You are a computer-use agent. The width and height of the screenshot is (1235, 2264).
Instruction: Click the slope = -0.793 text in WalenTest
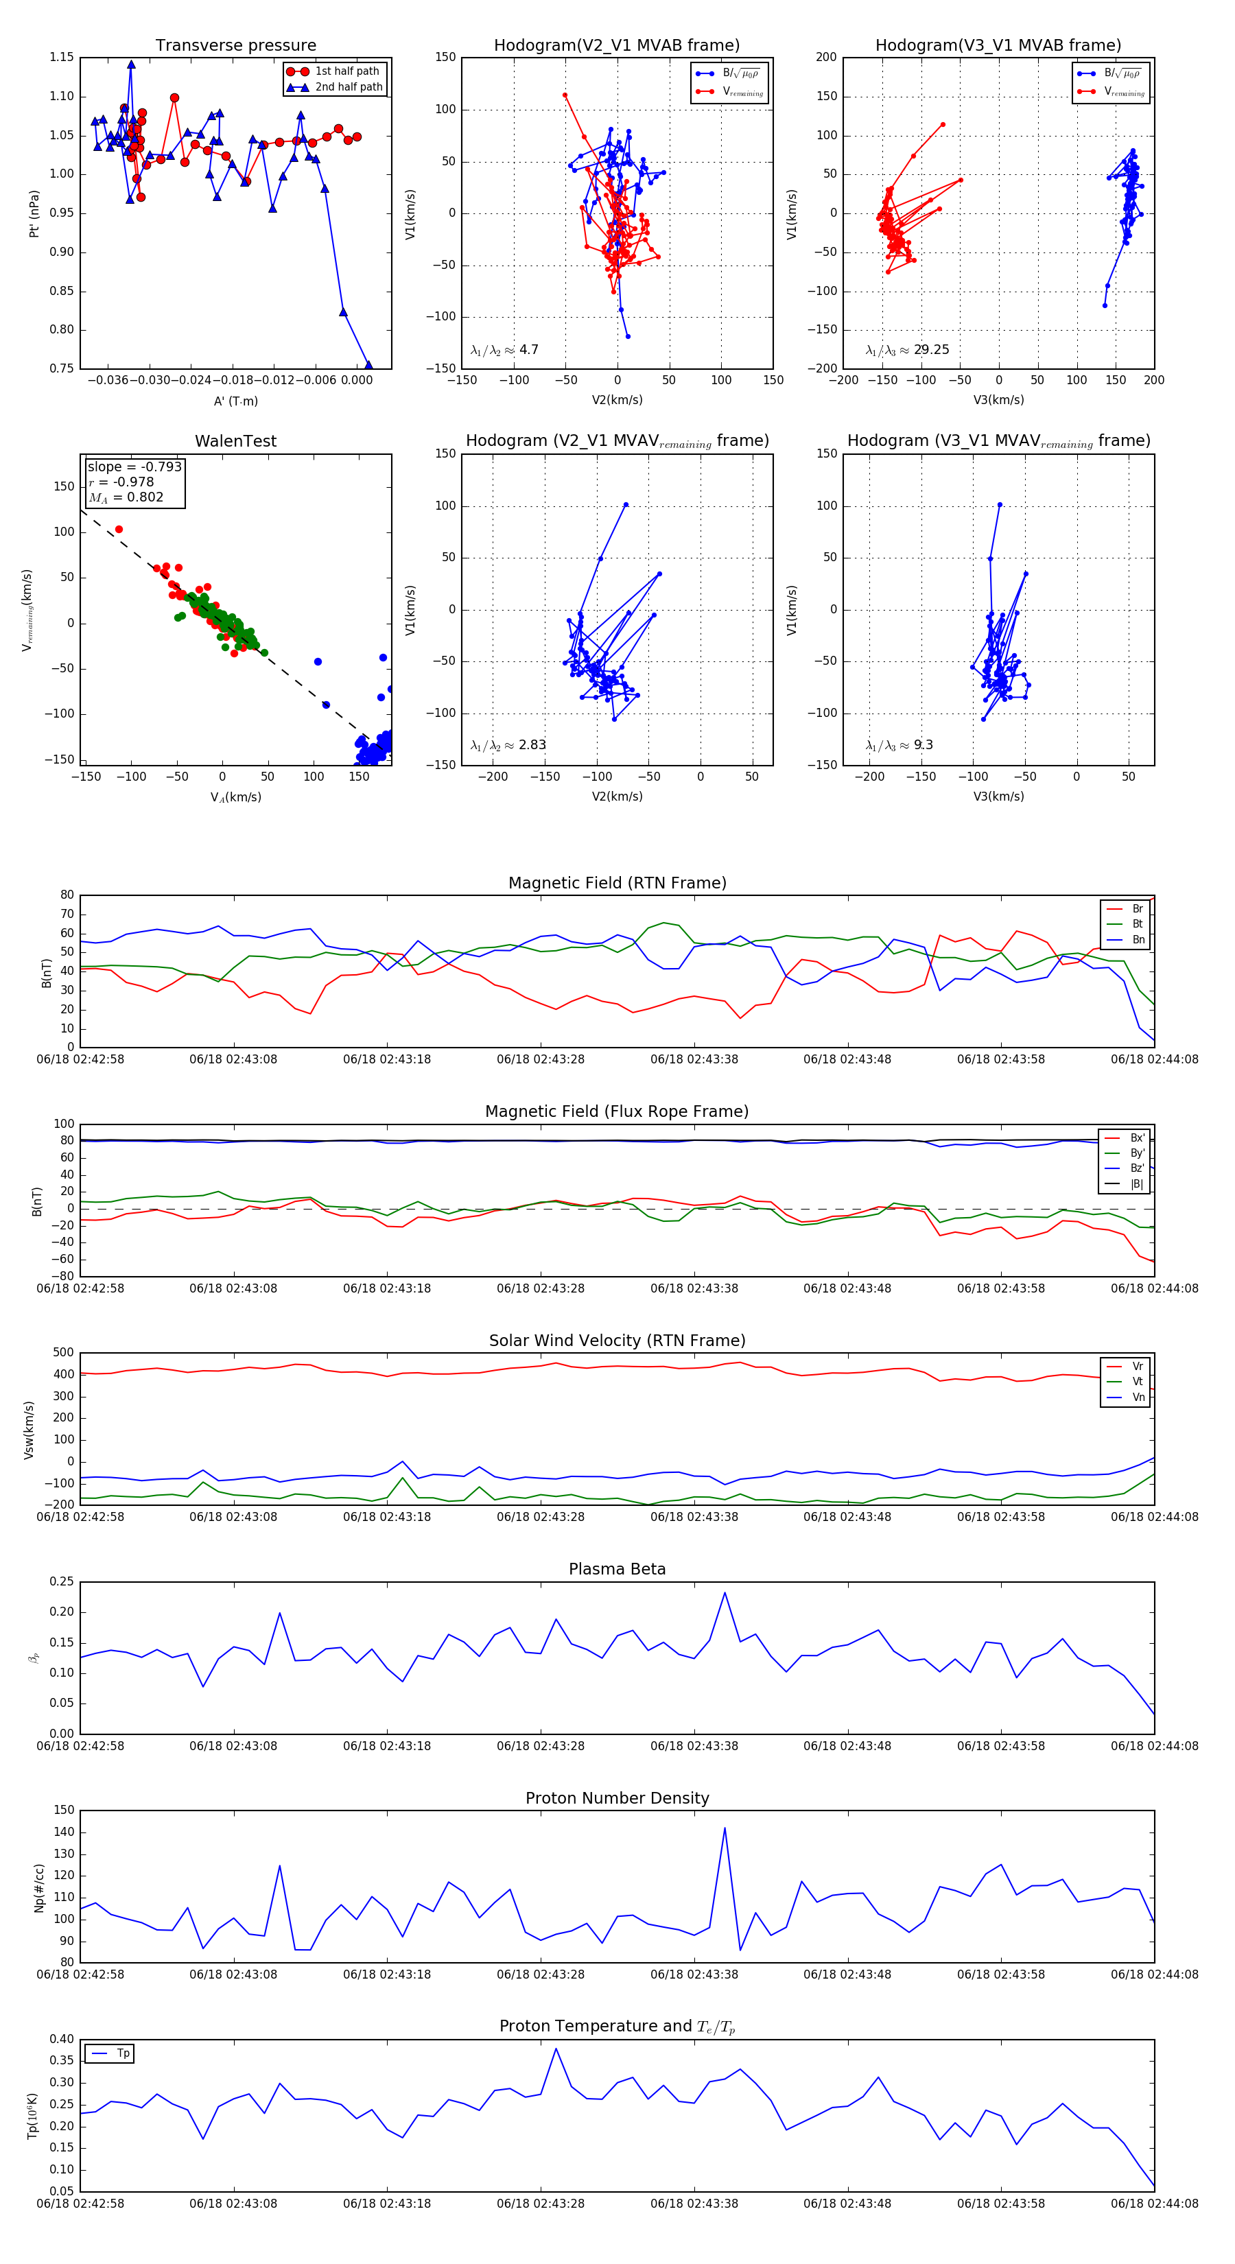(x=134, y=467)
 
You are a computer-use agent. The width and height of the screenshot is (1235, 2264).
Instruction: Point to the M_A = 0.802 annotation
(x=126, y=497)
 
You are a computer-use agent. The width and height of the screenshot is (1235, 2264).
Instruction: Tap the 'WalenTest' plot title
(x=235, y=441)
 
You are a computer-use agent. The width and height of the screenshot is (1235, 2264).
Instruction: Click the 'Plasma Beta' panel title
(x=617, y=1570)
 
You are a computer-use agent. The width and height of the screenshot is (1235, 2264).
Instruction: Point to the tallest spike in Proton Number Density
(x=725, y=1828)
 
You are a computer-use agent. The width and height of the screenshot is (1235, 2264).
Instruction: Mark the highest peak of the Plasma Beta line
(x=725, y=1592)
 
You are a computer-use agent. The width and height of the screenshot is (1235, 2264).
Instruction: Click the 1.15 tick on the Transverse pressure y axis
(x=62, y=57)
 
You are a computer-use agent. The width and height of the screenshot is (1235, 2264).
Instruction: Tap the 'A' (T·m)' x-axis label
(x=235, y=401)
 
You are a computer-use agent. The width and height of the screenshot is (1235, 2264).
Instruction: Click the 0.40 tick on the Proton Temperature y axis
(x=62, y=2039)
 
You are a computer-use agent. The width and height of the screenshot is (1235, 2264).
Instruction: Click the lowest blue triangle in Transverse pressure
(x=368, y=365)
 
